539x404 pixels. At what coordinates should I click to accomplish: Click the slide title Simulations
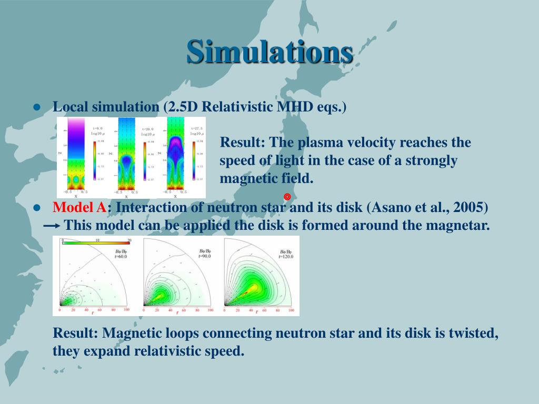click(x=269, y=52)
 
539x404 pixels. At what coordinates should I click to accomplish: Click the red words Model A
click(x=79, y=207)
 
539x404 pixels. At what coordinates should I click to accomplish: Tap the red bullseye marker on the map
click(x=287, y=197)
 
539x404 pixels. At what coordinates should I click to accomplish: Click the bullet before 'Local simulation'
click(x=37, y=107)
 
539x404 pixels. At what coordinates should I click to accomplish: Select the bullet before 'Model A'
click(x=37, y=208)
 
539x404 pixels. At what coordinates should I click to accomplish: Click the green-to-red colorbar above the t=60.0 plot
click(x=96, y=243)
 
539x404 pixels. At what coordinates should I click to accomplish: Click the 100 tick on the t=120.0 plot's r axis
click(x=292, y=310)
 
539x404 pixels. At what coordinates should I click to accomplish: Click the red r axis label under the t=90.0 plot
click(x=177, y=312)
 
